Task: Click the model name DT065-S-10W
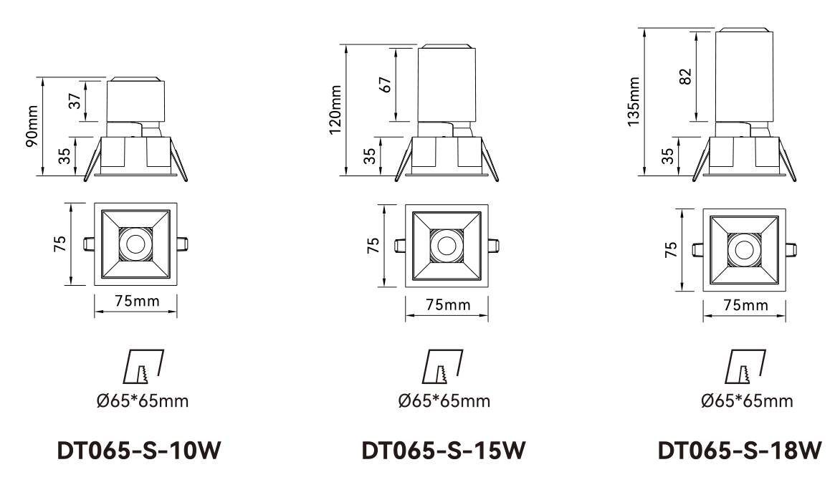tap(138, 451)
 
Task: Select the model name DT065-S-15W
tap(443, 451)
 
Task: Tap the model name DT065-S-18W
tap(740, 451)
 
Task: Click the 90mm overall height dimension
tap(32, 126)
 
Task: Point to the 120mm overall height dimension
tap(335, 110)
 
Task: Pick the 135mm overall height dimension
tap(633, 102)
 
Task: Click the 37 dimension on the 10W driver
tap(76, 101)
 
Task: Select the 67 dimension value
tap(386, 85)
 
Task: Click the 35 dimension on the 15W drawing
tap(369, 155)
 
